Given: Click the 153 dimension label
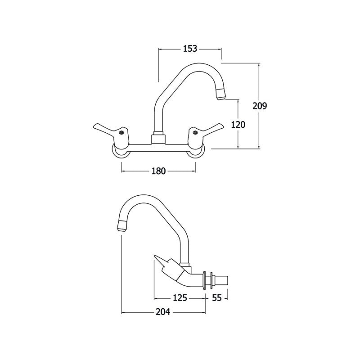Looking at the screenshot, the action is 190,49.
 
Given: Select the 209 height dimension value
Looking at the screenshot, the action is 260,106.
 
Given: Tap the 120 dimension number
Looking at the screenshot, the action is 238,125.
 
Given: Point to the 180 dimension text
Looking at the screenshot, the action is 158,171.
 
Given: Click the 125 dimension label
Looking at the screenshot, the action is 180,298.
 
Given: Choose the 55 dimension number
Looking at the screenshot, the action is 217,298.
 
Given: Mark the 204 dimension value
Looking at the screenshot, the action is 163,312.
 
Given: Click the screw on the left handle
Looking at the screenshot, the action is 122,132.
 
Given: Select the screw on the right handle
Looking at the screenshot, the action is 195,132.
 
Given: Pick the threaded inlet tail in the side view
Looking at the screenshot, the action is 220,280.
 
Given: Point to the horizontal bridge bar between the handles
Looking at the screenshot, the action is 158,148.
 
